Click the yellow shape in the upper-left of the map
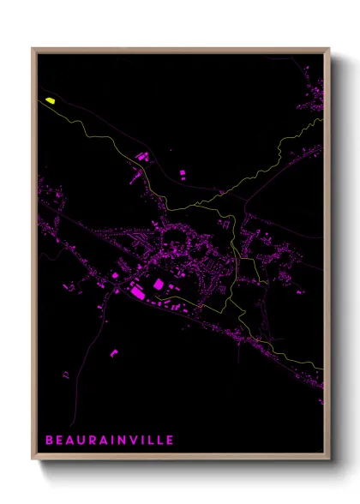click(50, 101)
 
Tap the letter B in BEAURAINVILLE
click(50, 440)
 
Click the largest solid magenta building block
click(158, 284)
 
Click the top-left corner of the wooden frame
click(33, 49)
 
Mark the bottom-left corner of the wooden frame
click(33, 459)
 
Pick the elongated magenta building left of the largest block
click(136, 293)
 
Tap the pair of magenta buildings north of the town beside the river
click(142, 157)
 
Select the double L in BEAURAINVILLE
click(157, 440)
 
